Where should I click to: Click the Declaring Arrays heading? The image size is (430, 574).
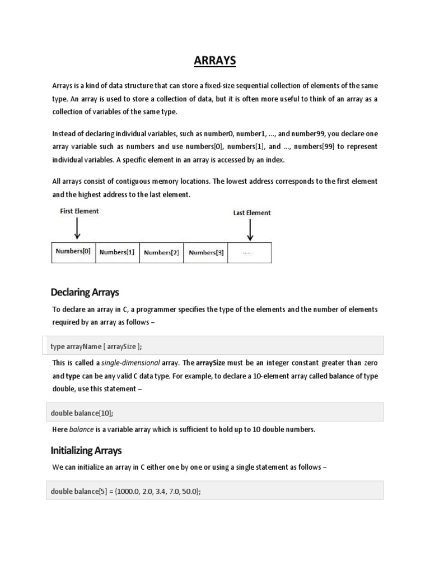pos(85,292)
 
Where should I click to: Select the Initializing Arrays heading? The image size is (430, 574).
pos(86,450)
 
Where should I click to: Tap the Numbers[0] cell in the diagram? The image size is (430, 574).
pos(73,252)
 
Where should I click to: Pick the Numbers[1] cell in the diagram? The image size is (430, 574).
pos(117,252)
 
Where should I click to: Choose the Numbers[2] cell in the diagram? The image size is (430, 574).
pos(161,253)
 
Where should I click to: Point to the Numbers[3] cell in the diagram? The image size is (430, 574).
pos(206,252)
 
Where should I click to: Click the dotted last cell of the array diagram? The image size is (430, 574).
pos(250,253)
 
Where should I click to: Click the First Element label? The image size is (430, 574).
pos(79,211)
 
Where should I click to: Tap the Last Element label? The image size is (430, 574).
pos(251,213)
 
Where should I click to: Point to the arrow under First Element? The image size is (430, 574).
pos(77,228)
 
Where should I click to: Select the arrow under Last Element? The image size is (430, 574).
pos(250,229)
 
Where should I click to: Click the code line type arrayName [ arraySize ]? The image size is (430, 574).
pos(100,346)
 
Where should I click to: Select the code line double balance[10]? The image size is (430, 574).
pos(82,413)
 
